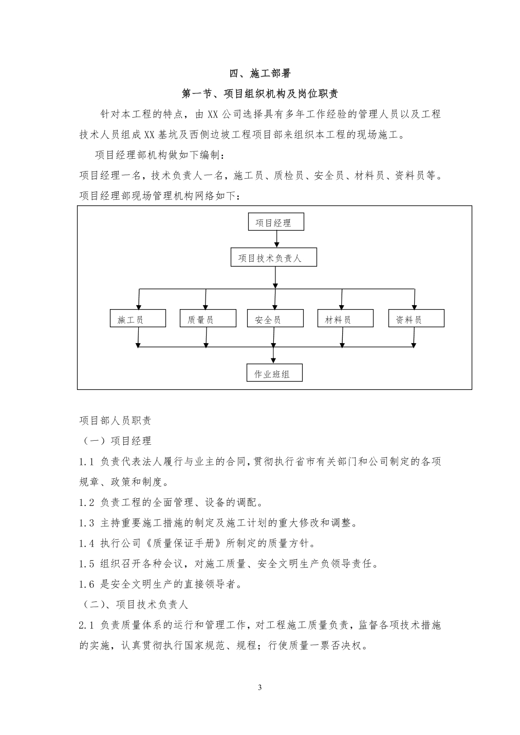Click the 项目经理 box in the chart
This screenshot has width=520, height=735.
click(276, 221)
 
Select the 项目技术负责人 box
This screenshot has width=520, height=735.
click(273, 257)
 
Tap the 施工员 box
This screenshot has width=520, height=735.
click(138, 318)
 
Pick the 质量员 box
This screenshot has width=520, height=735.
click(208, 318)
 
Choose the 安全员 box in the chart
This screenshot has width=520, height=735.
click(275, 318)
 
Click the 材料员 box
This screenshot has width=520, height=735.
click(345, 318)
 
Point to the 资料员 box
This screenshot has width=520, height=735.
click(416, 318)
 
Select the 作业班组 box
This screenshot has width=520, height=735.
click(274, 372)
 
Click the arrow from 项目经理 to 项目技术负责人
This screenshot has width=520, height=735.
click(277, 239)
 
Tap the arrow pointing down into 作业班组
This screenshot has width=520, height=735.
click(273, 355)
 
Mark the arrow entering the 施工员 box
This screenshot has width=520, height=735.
click(139, 299)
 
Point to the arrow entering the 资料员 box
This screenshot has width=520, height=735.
click(414, 299)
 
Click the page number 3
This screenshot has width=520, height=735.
click(260, 687)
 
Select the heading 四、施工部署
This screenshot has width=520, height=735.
click(260, 73)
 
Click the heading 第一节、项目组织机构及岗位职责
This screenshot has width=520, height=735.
click(260, 94)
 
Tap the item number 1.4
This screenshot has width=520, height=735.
click(87, 543)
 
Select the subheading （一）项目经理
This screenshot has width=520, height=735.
click(116, 441)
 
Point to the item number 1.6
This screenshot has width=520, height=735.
click(87, 584)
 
